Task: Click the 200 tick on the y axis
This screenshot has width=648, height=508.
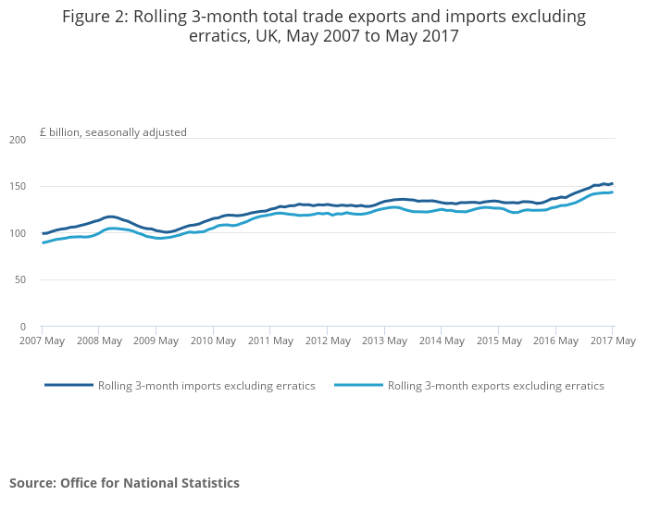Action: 18,140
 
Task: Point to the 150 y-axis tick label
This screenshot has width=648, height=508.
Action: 18,187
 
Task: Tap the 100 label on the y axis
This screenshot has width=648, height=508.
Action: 18,233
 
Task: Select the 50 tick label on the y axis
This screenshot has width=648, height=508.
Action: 20,280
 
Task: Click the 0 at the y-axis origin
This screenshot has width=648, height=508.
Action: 23,327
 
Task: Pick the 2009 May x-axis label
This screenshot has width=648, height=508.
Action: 156,341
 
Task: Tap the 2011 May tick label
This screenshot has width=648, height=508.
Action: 270,341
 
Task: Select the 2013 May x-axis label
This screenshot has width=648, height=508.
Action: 384,341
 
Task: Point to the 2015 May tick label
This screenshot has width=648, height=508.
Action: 498,341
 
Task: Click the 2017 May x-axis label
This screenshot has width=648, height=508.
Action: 612,341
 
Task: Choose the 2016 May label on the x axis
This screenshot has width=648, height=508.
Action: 555,341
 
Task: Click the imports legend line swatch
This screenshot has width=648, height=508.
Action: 69,385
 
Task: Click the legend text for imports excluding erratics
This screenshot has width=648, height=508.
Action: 206,386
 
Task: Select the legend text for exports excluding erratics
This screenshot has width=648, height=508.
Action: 495,386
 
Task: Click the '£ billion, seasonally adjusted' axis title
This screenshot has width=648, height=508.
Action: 113,132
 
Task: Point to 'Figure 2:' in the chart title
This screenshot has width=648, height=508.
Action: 97,17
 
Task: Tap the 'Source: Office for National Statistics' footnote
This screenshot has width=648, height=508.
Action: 124,483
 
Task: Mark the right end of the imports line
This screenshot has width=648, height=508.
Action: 612,184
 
